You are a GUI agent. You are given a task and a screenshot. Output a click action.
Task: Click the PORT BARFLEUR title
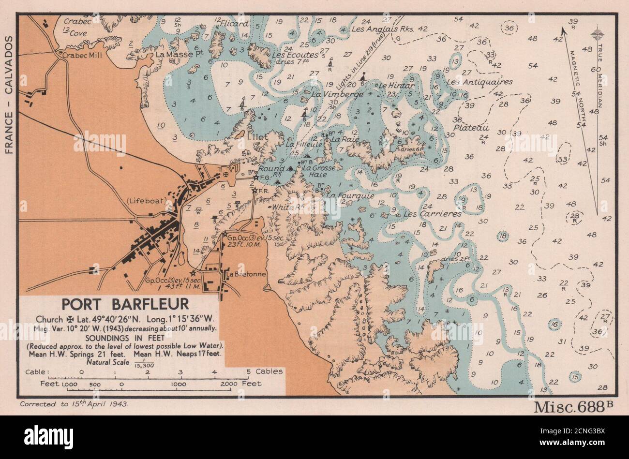pos(125,305)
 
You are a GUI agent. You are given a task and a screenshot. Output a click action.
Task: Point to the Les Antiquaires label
pos(480,82)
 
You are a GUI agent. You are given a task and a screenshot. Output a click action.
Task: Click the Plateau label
pos(471,128)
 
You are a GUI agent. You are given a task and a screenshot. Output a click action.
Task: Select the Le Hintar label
pos(396,86)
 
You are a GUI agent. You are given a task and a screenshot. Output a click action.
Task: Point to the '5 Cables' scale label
pos(264,372)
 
